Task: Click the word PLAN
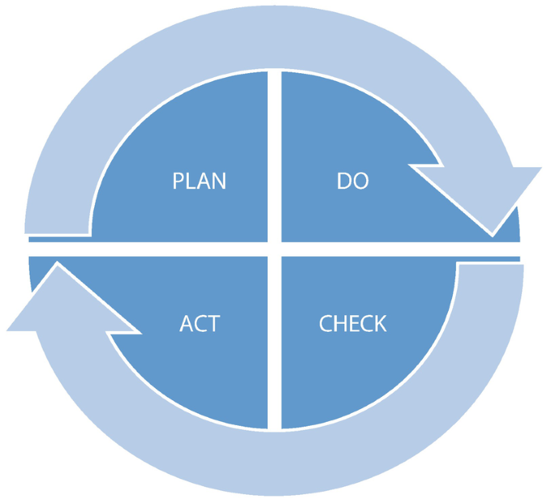(x=199, y=181)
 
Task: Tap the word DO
(x=352, y=181)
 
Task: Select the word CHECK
(x=352, y=324)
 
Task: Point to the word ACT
(x=199, y=325)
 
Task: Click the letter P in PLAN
(x=179, y=181)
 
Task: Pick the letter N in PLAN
(x=219, y=181)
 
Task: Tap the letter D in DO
(x=343, y=181)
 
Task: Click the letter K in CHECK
(x=379, y=324)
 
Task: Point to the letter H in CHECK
(x=339, y=324)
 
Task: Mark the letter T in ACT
(x=213, y=325)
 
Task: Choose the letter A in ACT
(x=186, y=325)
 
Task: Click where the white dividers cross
(x=274, y=248)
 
